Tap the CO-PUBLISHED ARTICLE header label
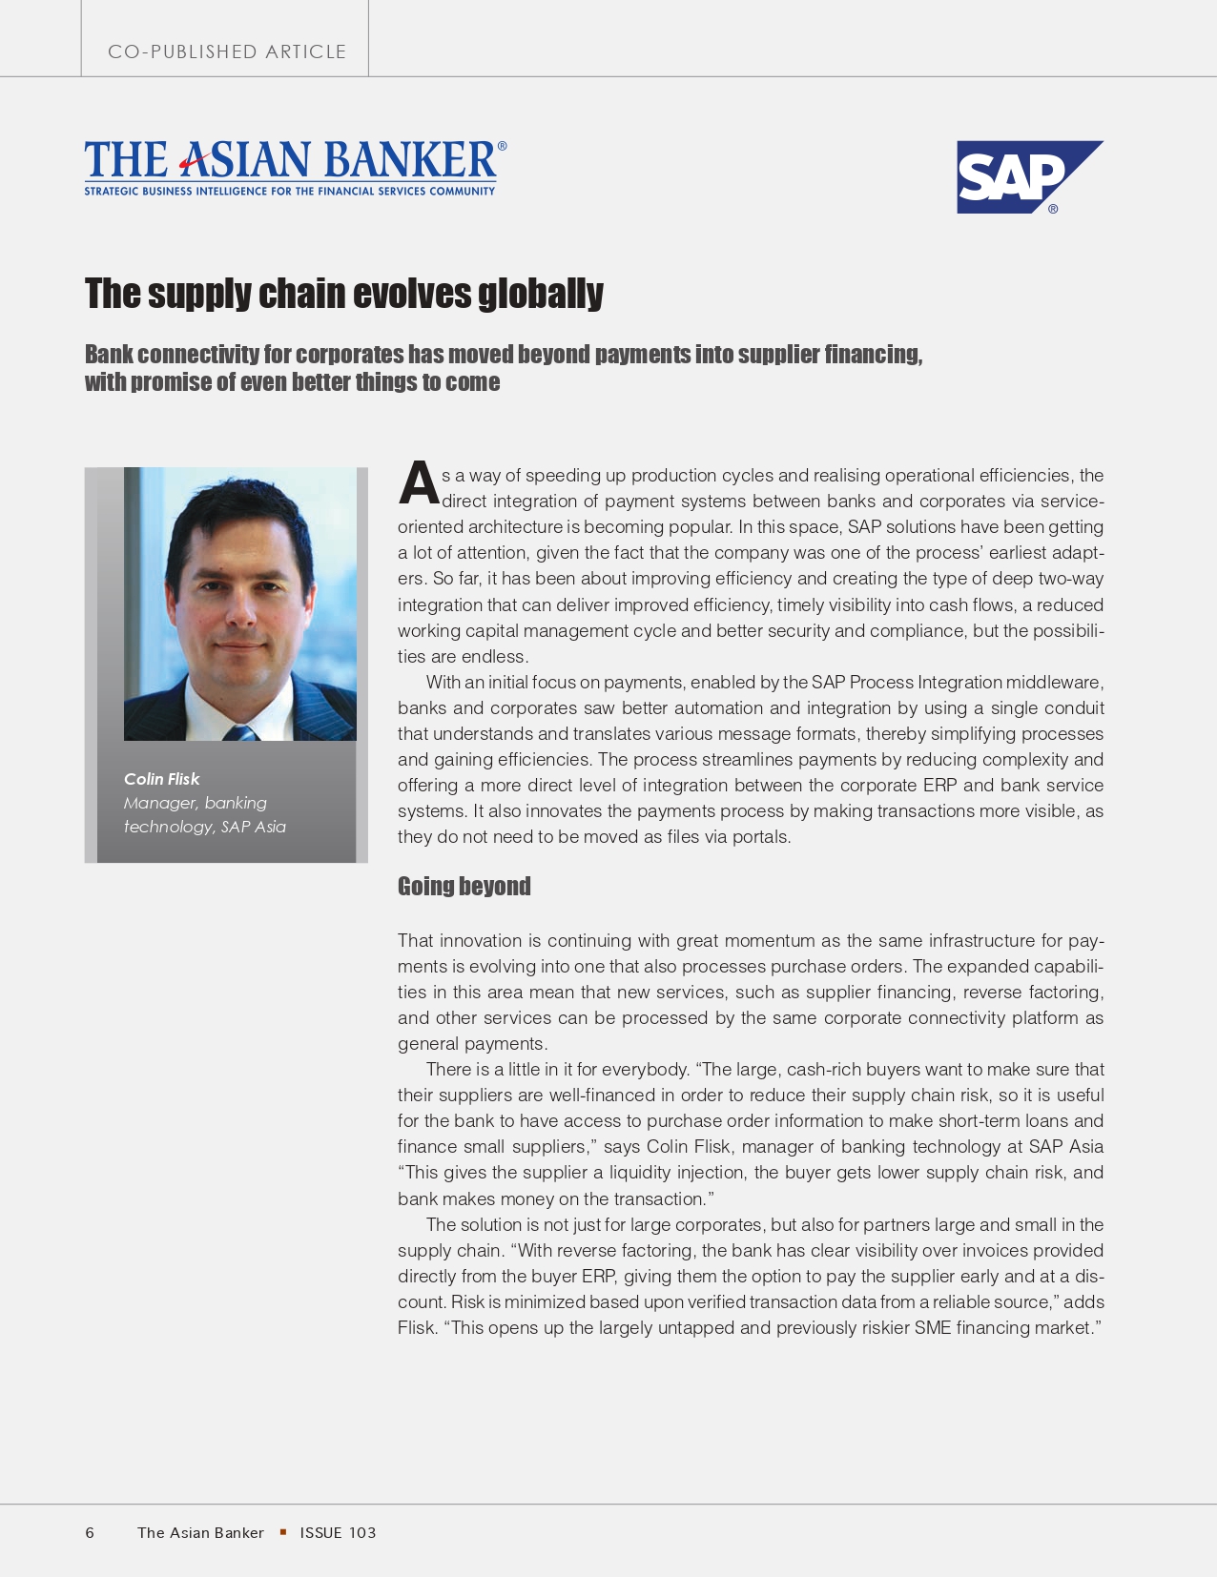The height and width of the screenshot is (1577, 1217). (227, 51)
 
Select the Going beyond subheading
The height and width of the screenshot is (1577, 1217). (464, 886)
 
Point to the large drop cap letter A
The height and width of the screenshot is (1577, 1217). (418, 484)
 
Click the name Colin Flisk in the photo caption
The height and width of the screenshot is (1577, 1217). (161, 779)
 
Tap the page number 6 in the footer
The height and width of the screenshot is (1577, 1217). (90, 1533)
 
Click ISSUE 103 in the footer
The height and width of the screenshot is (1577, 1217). (338, 1533)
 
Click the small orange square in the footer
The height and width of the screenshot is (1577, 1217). (283, 1532)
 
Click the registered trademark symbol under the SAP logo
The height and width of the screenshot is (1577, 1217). (1053, 209)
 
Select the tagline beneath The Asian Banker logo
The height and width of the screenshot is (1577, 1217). (290, 192)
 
